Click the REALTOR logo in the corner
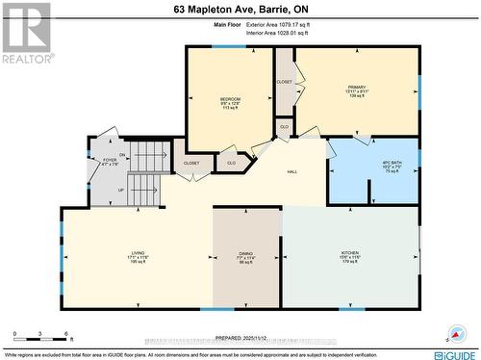coord(26,33)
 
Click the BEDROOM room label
coord(230,99)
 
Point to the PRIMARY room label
coord(357,88)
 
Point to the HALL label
coord(292,172)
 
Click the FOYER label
coord(108,160)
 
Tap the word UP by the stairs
coord(120,190)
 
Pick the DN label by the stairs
coord(122,155)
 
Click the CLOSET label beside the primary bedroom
coord(284,82)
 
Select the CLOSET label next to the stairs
coord(191,164)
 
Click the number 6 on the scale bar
coord(67,334)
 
